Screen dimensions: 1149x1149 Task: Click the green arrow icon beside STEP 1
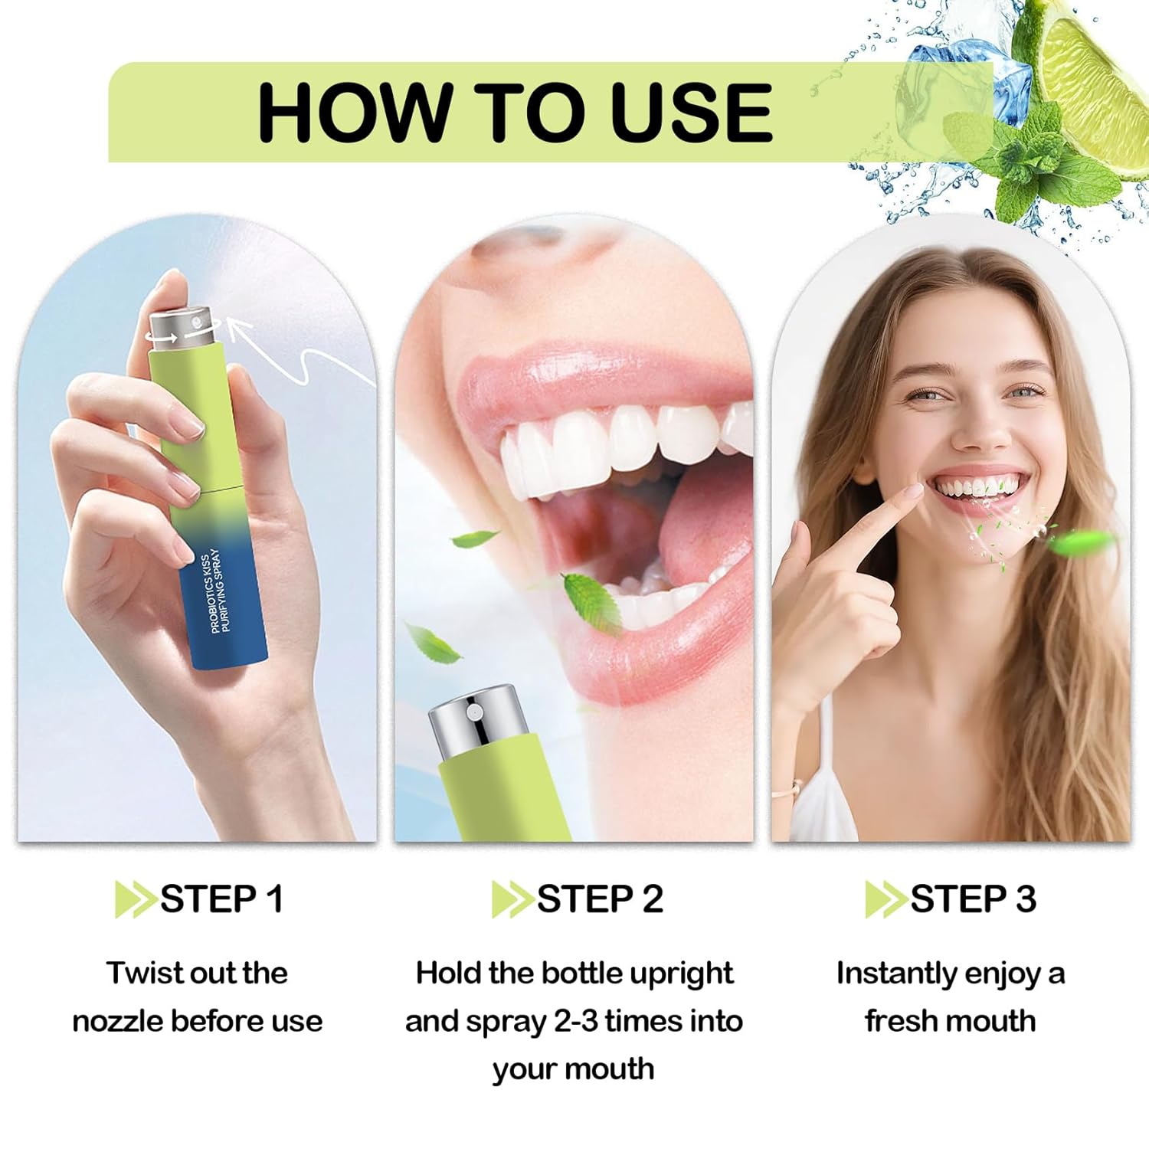(136, 899)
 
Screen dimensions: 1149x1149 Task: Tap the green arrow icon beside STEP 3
(886, 899)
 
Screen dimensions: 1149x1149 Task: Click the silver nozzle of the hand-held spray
(180, 329)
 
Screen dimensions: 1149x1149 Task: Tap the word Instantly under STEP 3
(895, 974)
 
